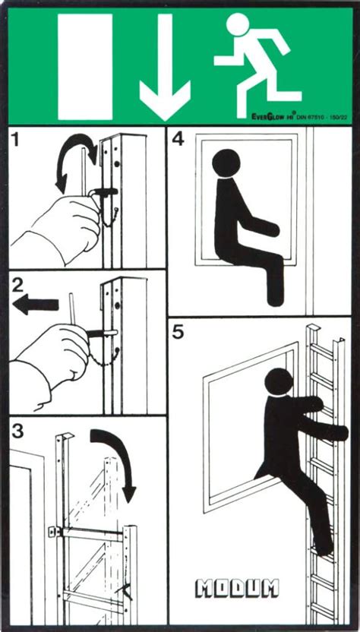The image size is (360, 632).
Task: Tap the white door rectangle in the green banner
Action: pos(85,67)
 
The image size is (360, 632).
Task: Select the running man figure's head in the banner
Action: pos(238,26)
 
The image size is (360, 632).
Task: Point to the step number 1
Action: pos(17,141)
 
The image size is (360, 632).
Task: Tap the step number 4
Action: pos(178,139)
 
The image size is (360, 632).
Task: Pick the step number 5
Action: pos(179,331)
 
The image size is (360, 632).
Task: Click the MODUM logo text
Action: pos(238,587)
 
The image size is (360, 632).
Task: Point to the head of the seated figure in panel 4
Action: pos(226,164)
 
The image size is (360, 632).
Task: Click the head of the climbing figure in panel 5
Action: pos(279,382)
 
